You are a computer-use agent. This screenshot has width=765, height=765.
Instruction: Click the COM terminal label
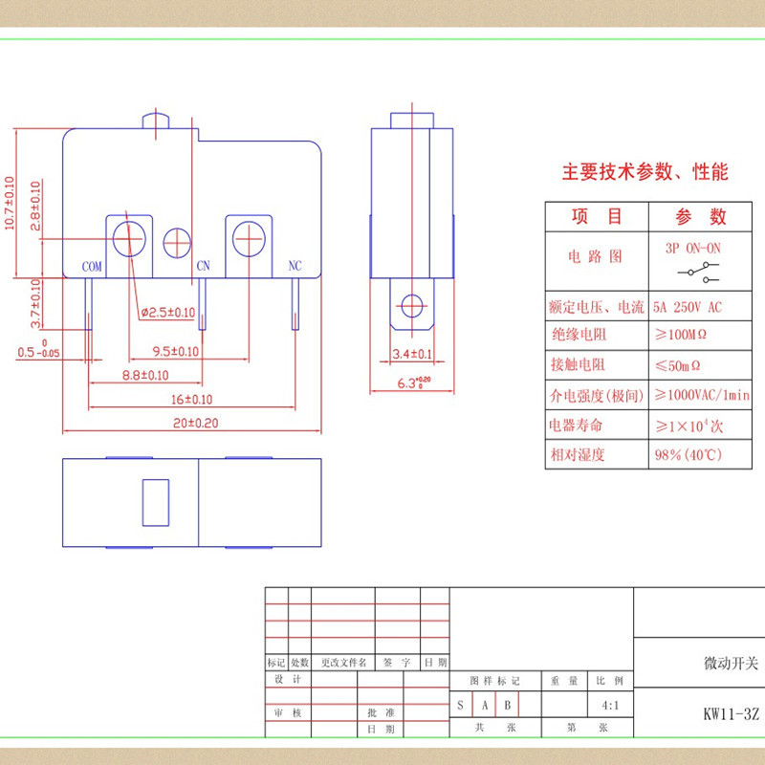tap(92, 267)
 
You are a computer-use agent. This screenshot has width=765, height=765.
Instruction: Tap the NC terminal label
tap(295, 266)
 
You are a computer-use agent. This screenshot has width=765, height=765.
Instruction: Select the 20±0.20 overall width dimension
tap(196, 423)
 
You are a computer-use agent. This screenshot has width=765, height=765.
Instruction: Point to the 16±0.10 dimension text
tap(192, 400)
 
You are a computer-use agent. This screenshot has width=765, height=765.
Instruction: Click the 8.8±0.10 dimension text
tap(145, 375)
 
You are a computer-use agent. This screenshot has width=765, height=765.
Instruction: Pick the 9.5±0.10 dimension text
tap(176, 351)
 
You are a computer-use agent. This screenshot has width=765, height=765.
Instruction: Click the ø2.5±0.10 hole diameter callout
tap(168, 313)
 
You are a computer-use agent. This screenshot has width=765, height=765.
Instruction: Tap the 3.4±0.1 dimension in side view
tap(412, 354)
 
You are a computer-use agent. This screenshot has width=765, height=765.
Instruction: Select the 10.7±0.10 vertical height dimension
tap(10, 203)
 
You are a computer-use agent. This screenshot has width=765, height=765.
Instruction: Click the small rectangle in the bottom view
tap(156, 503)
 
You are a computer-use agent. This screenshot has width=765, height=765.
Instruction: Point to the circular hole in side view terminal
tap(412, 306)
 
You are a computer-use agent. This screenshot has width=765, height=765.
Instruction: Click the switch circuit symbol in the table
tap(698, 273)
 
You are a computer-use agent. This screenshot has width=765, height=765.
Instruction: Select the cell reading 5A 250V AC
tap(687, 307)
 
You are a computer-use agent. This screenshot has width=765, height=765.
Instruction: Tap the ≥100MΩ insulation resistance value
tap(681, 335)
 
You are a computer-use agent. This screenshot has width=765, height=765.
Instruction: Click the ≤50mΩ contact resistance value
tap(678, 365)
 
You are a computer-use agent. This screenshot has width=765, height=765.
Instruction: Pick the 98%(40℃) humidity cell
tap(688, 455)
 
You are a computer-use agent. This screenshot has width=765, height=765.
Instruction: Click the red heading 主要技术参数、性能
tap(645, 172)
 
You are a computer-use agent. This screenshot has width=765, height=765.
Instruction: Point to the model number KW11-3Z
tap(731, 714)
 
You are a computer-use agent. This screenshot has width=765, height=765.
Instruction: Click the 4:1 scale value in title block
tap(610, 705)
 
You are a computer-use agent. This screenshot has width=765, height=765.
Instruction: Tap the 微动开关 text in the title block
tap(731, 663)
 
